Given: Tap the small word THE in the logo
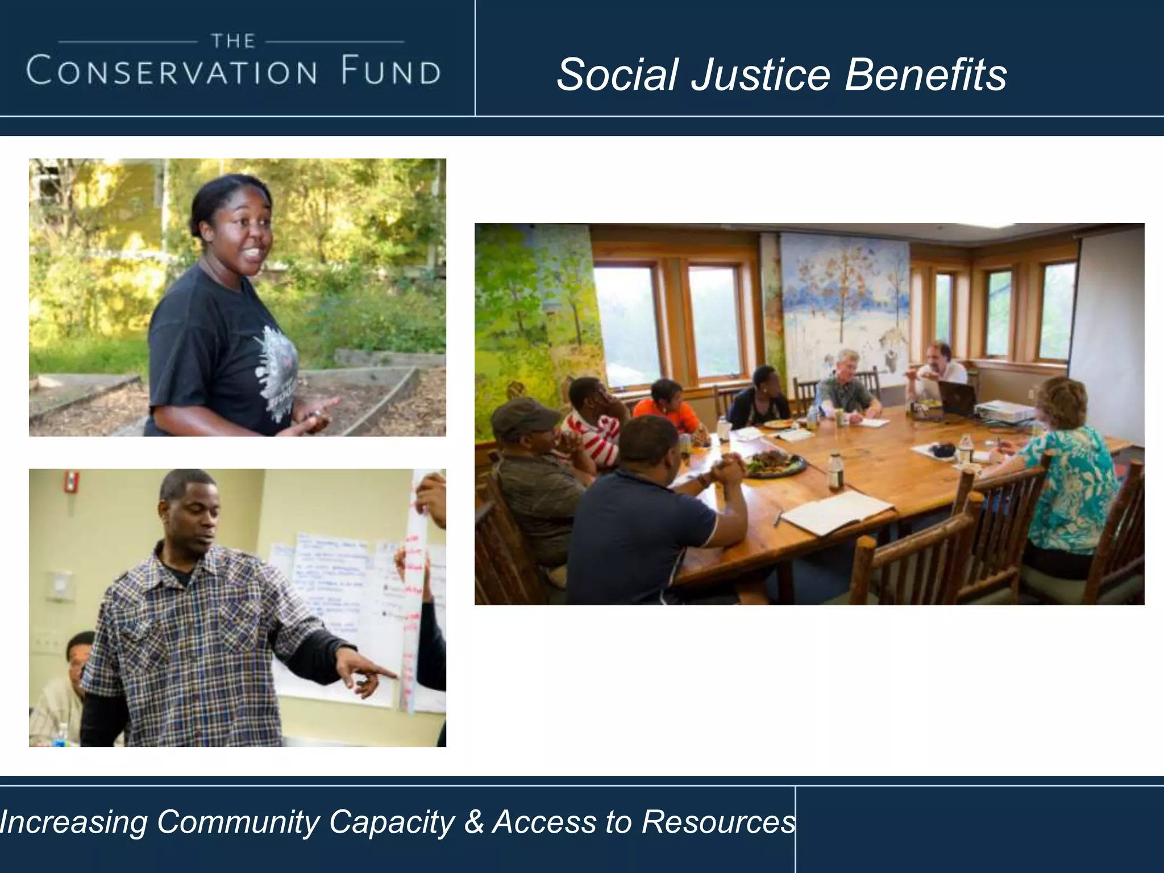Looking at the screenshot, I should pyautogui.click(x=233, y=41).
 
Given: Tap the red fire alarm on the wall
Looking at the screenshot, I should pyautogui.click(x=70, y=481).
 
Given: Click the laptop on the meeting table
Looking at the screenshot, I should pyautogui.click(x=956, y=398).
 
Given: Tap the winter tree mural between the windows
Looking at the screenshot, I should pyautogui.click(x=845, y=301).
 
